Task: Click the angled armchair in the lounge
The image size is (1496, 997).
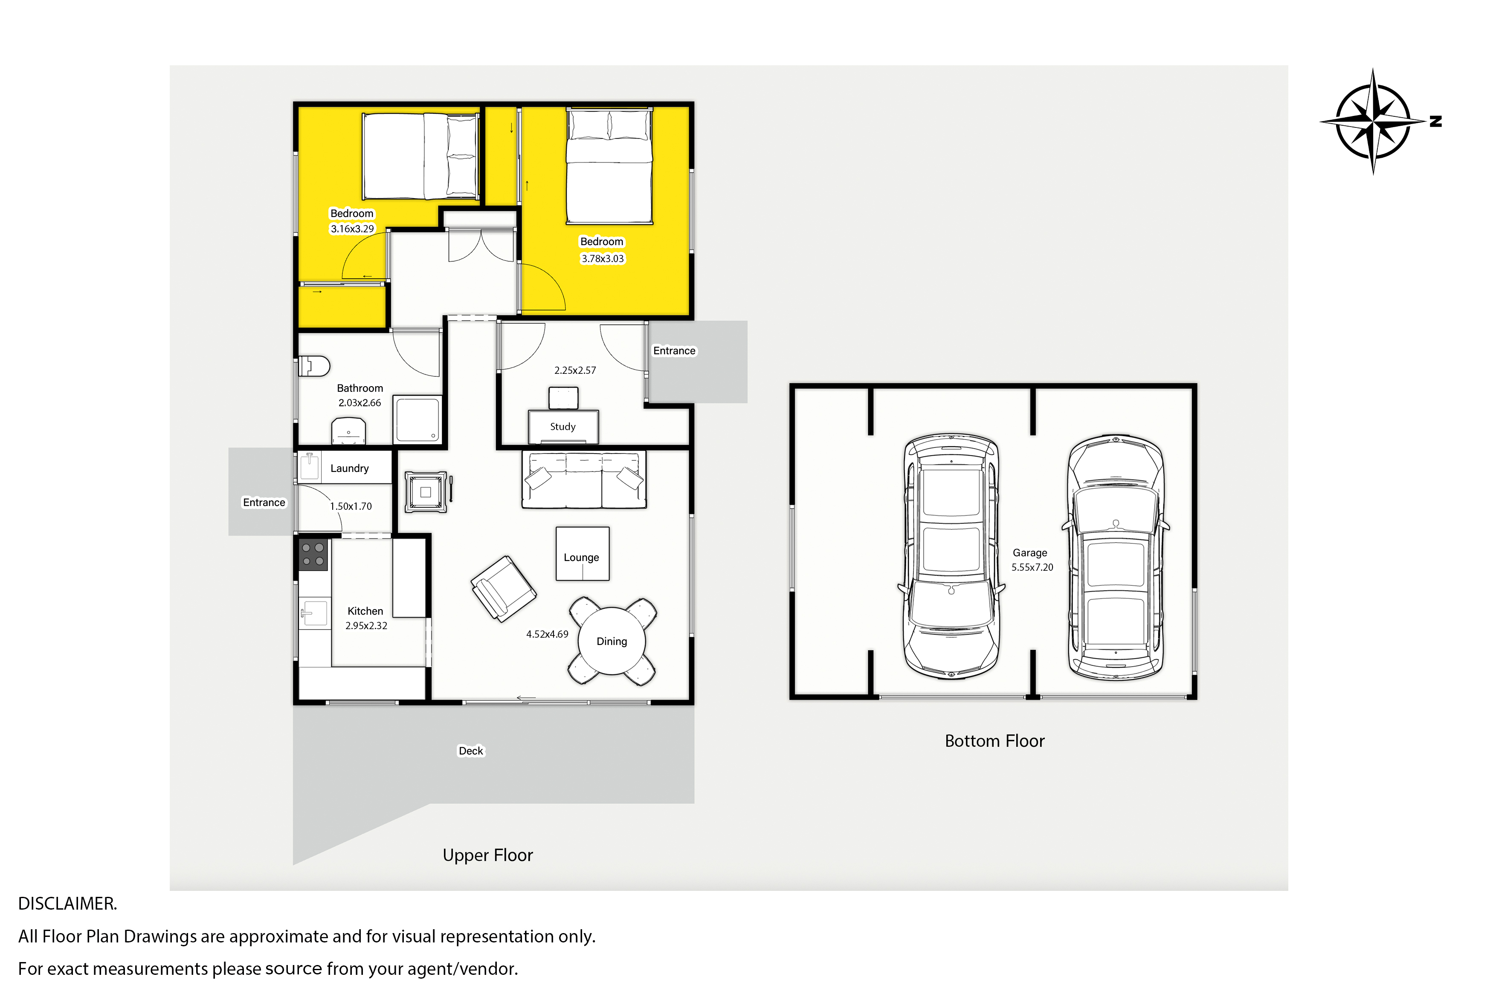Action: pyautogui.click(x=504, y=589)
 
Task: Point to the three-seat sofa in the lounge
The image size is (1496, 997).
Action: pyautogui.click(x=584, y=480)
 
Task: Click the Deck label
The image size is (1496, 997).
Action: pyautogui.click(x=471, y=751)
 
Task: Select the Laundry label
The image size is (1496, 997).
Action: pyautogui.click(x=349, y=468)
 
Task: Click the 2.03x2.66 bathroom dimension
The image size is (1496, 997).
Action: pyautogui.click(x=360, y=402)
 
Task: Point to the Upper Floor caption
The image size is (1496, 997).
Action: pyautogui.click(x=488, y=855)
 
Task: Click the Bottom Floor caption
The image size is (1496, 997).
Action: pyautogui.click(x=995, y=741)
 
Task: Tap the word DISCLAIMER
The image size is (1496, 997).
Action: pyautogui.click(x=67, y=904)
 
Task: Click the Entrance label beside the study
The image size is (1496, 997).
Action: pyautogui.click(x=674, y=351)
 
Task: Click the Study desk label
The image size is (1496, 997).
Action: pyautogui.click(x=563, y=427)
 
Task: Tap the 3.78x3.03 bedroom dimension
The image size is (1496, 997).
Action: pyautogui.click(x=603, y=259)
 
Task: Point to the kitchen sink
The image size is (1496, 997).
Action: pyautogui.click(x=313, y=613)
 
